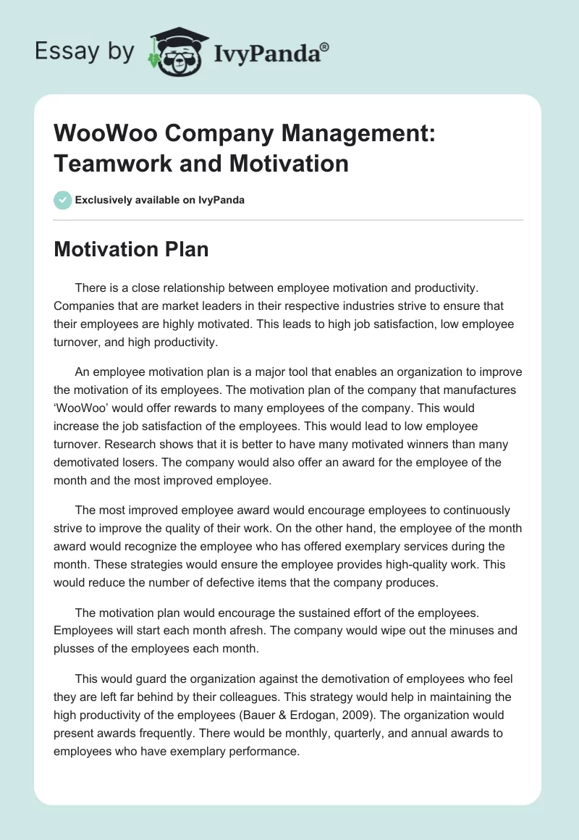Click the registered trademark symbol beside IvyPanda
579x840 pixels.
pos(325,48)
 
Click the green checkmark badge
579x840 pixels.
pos(62,200)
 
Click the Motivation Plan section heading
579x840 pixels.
pos(131,250)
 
